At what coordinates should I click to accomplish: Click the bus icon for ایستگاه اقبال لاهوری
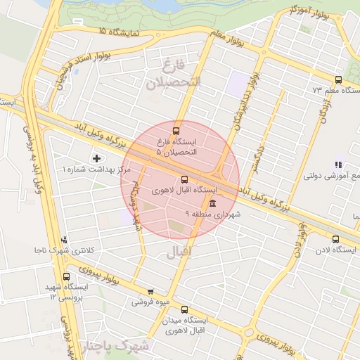pos(184,179)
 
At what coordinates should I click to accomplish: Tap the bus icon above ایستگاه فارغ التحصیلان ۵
pos(176,130)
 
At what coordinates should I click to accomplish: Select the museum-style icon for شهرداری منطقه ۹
pos(212,202)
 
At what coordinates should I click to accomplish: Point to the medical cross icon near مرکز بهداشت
pos(96,158)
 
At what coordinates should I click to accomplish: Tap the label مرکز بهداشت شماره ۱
pos(97,170)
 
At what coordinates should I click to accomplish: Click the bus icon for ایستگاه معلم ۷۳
pos(338,79)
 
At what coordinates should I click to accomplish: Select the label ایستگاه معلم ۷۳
pos(326,91)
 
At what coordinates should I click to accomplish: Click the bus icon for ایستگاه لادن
pos(335,239)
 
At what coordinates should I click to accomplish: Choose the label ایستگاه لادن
pos(335,250)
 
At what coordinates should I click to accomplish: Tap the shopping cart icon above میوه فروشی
pos(150,291)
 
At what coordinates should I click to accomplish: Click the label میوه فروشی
pos(149,302)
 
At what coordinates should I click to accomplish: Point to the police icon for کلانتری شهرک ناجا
pos(65,239)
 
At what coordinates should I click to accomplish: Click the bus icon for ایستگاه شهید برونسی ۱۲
pos(66,276)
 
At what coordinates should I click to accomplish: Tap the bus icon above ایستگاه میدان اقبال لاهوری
pos(185,309)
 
